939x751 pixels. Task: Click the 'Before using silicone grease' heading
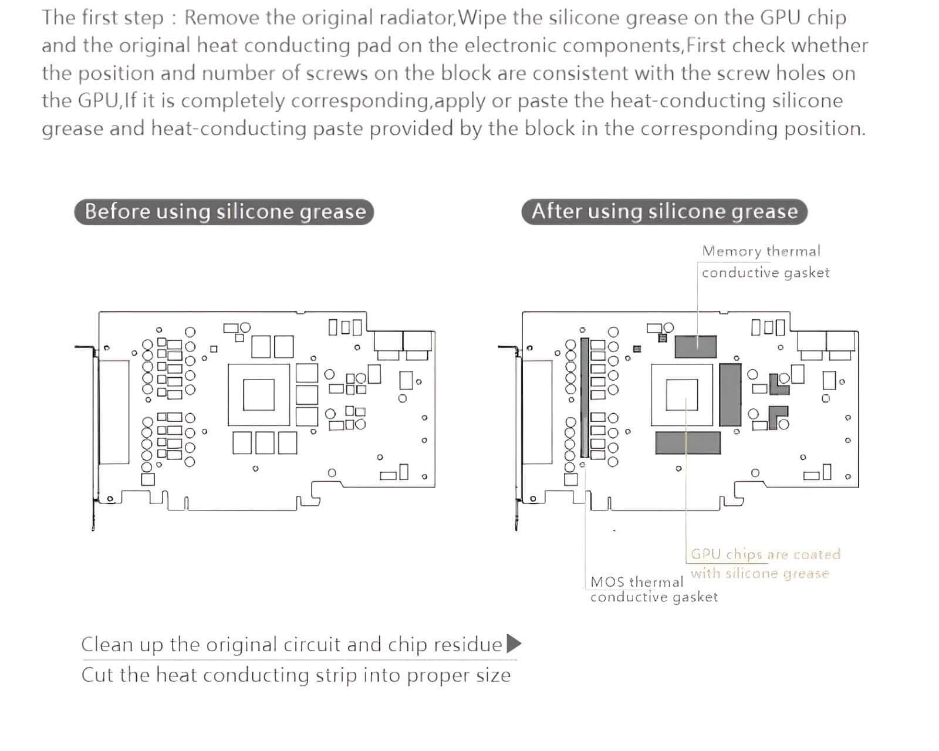point(224,211)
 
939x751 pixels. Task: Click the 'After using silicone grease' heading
point(664,211)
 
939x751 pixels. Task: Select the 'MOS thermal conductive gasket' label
point(653,589)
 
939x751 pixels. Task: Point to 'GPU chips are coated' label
point(765,554)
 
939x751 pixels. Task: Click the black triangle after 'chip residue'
point(514,644)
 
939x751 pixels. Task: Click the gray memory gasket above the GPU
point(695,347)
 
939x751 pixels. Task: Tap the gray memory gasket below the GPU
point(687,443)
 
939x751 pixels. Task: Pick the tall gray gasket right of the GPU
point(730,394)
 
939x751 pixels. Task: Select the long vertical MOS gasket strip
point(584,397)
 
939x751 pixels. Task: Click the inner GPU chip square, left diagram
point(259,394)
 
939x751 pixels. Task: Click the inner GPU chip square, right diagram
point(682,394)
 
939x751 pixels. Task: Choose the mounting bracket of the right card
point(516,434)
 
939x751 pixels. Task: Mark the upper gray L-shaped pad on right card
point(780,384)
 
